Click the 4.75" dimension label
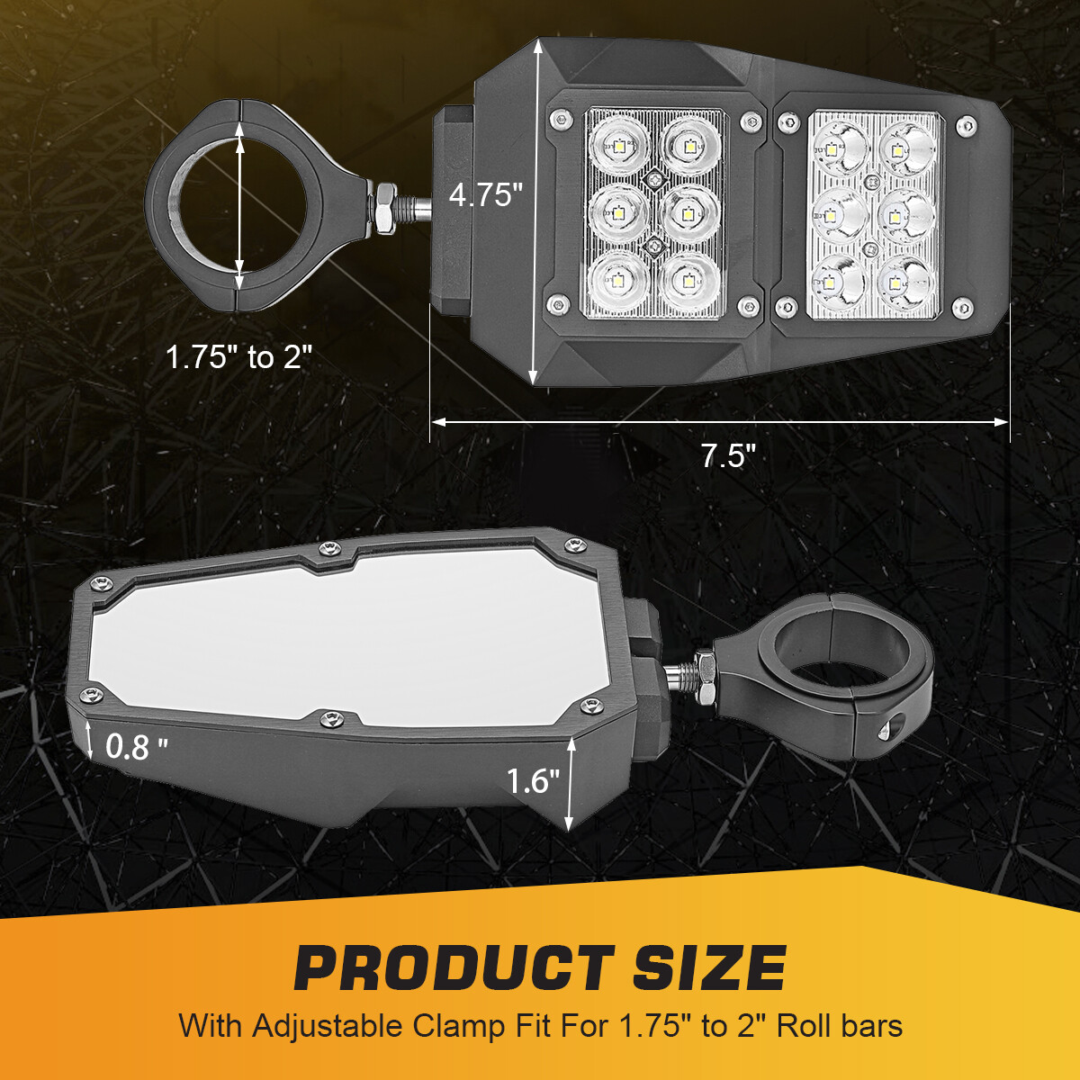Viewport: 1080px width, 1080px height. click(485, 195)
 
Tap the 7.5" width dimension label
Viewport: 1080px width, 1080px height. click(729, 455)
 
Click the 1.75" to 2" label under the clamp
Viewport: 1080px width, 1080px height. click(239, 356)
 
